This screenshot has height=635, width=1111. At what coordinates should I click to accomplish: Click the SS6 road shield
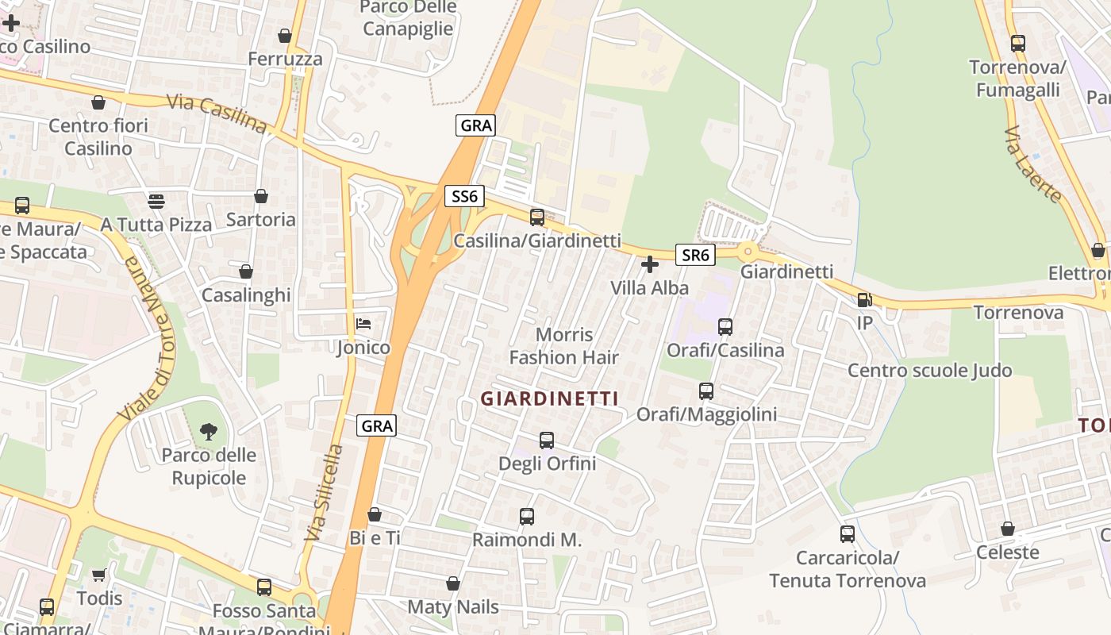464,196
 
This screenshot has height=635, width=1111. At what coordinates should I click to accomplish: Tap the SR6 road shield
695,255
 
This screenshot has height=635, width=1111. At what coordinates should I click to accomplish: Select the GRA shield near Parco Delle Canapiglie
476,125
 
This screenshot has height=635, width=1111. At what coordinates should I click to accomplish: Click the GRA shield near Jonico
376,425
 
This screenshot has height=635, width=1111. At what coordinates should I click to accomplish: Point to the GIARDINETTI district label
549,398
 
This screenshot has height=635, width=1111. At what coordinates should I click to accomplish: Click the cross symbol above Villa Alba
650,264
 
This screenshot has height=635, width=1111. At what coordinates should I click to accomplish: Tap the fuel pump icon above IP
864,300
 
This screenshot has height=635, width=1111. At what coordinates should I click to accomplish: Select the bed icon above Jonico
363,324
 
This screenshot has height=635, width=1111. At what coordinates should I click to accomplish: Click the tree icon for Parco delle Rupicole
209,432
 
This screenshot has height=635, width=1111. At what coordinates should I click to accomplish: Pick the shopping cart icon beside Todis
99,575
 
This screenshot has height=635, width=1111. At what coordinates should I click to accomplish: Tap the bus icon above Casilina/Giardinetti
537,217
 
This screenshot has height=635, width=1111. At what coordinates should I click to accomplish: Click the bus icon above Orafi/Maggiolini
706,391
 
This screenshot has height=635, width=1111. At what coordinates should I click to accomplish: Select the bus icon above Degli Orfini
547,440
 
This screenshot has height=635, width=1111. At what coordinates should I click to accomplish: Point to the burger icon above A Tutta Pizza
156,202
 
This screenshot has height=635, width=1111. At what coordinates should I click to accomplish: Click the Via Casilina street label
217,114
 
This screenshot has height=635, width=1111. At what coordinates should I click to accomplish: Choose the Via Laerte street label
1032,164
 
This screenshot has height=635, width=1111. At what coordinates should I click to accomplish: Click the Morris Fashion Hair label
563,346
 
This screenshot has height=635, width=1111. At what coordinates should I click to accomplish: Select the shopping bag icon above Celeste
1008,529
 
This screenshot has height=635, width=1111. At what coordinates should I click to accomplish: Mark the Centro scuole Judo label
929,371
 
